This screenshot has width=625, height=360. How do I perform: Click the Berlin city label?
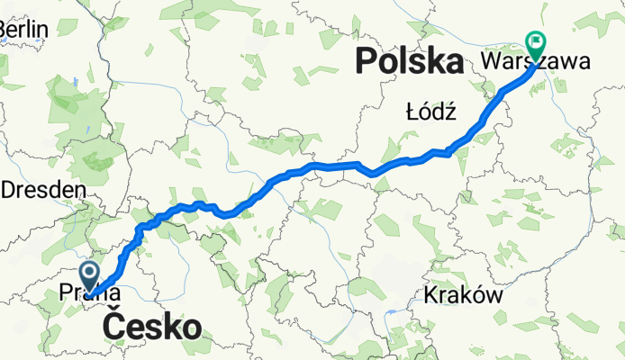point(23,30)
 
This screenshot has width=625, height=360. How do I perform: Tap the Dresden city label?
point(44,190)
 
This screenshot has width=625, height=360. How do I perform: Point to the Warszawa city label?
point(536,63)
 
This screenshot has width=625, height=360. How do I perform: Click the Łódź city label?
point(432,114)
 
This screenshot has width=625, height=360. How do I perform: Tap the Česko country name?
point(152,327)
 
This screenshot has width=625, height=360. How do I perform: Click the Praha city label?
point(89,292)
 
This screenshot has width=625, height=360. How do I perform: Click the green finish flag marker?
point(536,41)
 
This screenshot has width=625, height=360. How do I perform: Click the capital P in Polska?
point(368,62)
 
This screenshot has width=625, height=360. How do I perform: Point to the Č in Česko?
point(114,327)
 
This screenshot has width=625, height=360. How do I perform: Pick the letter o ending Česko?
point(191,327)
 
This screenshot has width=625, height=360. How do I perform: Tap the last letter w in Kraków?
point(492,296)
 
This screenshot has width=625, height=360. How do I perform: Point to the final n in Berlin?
point(41,30)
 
